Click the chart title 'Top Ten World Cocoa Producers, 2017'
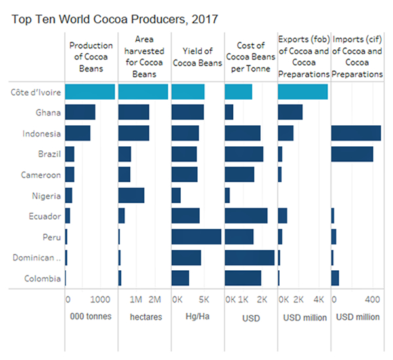pyautogui.click(x=115, y=19)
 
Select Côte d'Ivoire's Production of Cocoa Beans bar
pyautogui.click(x=90, y=92)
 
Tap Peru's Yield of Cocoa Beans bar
pyautogui.click(x=196, y=236)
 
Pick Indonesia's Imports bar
pyautogui.click(x=356, y=134)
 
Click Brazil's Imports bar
pyautogui.click(x=352, y=154)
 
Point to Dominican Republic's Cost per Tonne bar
pyautogui.click(x=250, y=257)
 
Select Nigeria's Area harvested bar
pyautogui.click(x=131, y=195)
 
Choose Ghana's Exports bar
pyautogui.click(x=290, y=113)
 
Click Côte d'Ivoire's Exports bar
pyautogui.click(x=303, y=92)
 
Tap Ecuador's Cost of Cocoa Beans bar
pyautogui.click(x=246, y=216)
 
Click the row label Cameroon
pyautogui.click(x=42, y=175)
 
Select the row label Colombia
pyautogui.click(x=43, y=278)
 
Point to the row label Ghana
pyautogui.click(x=48, y=113)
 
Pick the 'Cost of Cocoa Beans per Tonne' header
pyautogui.click(x=250, y=57)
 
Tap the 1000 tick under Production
pyautogui.click(x=100, y=300)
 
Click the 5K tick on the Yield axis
pyautogui.click(x=203, y=300)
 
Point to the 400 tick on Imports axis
pyautogui.click(x=371, y=300)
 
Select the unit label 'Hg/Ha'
pyautogui.click(x=196, y=317)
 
